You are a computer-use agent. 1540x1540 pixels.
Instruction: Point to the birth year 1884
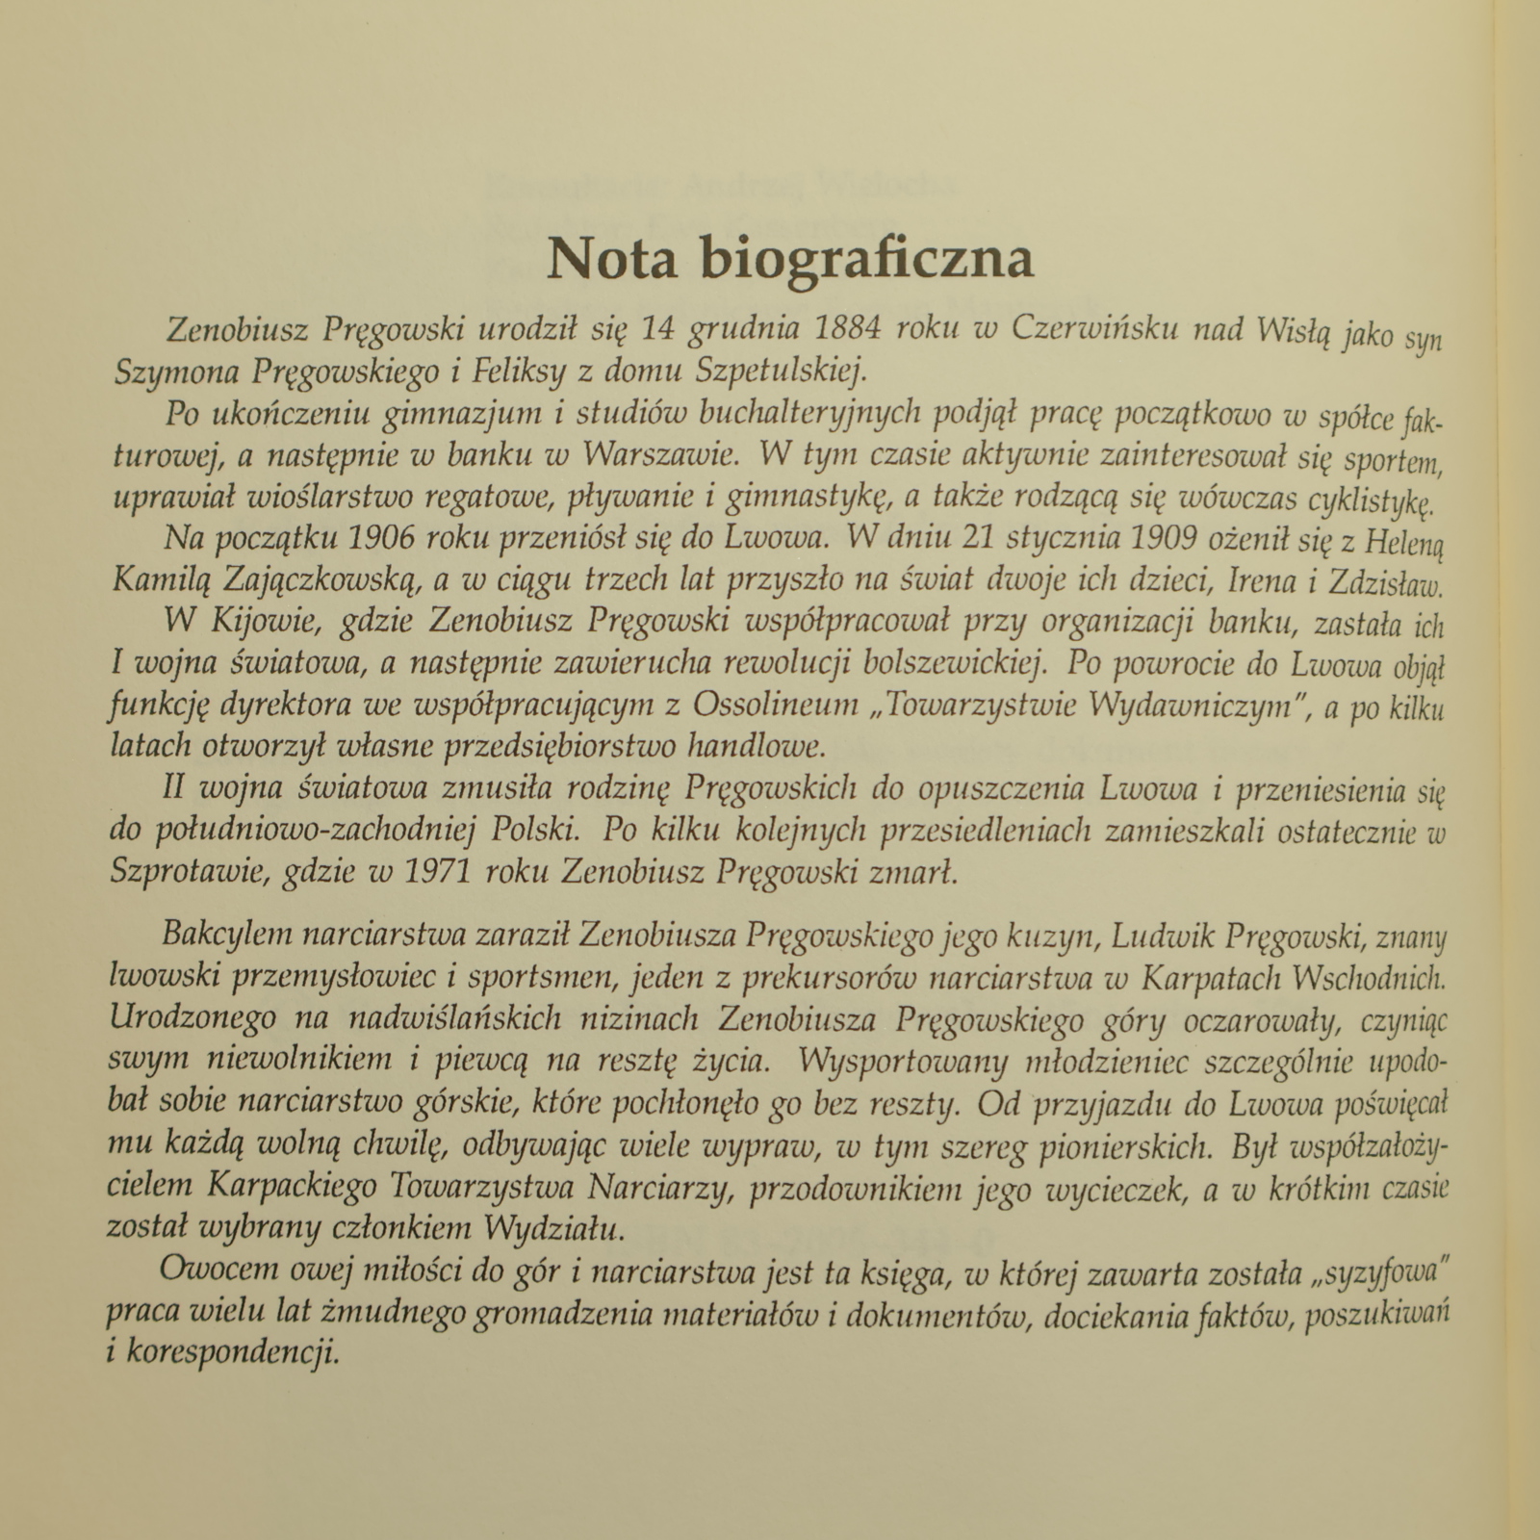pos(848,329)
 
